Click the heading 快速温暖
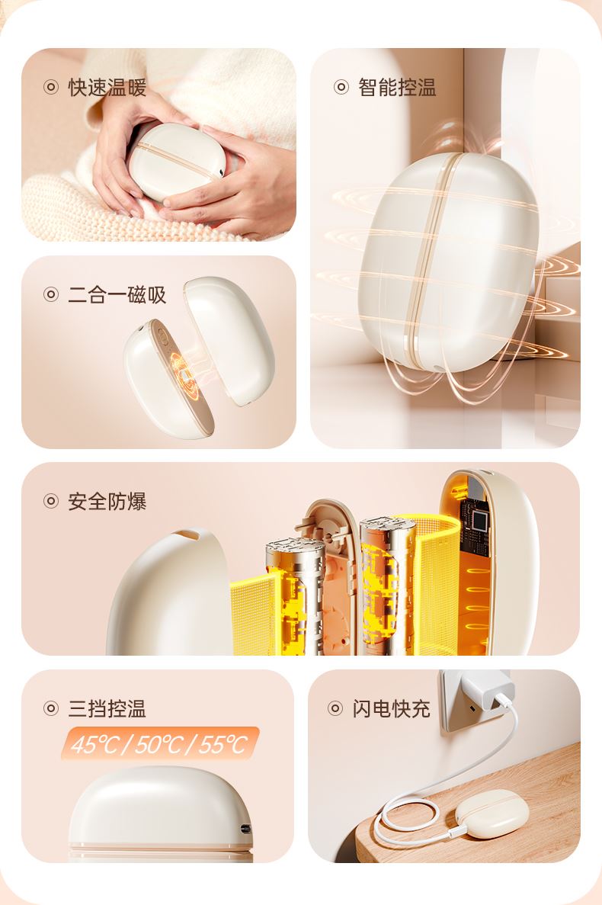107,88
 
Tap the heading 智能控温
397,87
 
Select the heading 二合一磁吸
117,294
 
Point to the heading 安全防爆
107,501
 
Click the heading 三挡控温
107,708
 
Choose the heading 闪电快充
392,708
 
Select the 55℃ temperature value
223,745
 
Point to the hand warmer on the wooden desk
492,814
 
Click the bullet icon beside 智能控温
341,87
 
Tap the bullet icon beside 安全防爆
51,501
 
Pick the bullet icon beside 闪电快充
335,708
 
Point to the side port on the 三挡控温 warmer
245,828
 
